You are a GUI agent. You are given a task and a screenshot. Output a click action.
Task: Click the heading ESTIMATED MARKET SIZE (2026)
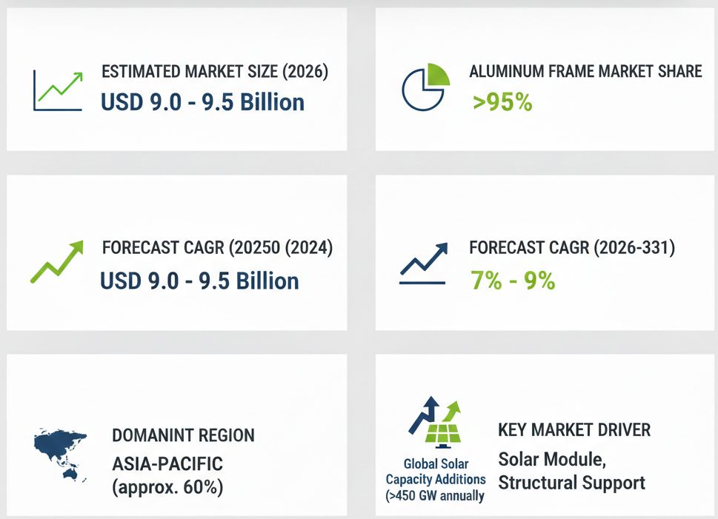(215, 72)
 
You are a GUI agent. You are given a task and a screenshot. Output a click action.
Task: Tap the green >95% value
(502, 101)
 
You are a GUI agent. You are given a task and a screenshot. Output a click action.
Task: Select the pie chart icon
(425, 87)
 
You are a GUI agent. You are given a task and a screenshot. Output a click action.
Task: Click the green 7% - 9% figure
(513, 280)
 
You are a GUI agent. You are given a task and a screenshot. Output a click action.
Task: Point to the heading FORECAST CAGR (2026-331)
(572, 247)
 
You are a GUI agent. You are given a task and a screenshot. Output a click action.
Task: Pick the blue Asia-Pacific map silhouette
(61, 454)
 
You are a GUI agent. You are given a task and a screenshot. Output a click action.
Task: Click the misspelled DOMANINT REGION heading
(183, 435)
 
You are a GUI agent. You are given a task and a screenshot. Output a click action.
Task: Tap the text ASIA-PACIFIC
(167, 464)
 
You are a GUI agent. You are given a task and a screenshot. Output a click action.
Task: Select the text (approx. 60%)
(167, 487)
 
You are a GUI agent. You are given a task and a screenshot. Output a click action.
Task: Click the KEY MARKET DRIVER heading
(574, 430)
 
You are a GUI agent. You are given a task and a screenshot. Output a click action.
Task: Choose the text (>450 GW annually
(434, 495)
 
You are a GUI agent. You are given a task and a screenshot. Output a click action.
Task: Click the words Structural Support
(571, 483)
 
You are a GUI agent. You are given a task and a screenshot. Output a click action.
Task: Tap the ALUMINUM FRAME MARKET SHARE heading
(585, 71)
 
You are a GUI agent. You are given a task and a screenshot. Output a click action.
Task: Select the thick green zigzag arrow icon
(57, 262)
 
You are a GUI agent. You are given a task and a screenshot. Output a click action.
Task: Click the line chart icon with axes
(58, 90)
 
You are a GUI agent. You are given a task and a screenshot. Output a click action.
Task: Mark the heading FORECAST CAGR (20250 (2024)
(217, 247)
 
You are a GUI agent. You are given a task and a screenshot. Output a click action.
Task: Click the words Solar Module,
(552, 459)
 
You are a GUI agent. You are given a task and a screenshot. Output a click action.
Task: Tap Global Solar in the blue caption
(436, 464)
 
